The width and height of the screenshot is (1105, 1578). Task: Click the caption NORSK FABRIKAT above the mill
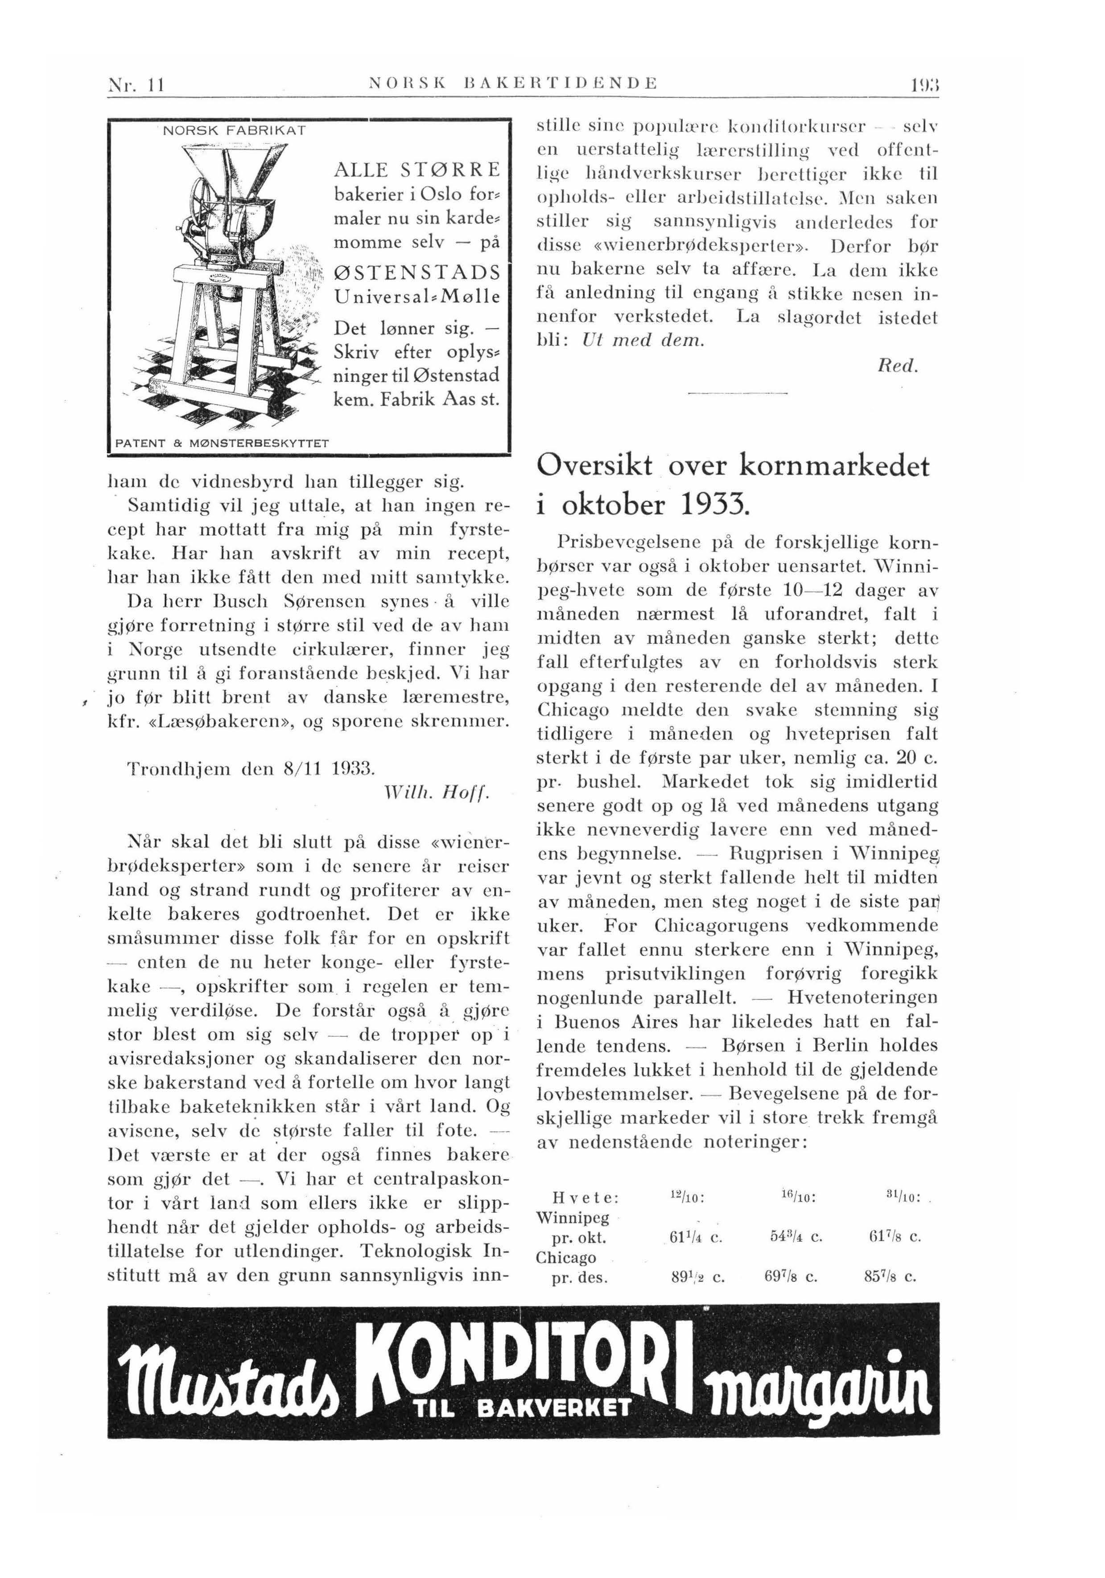pyautogui.click(x=234, y=130)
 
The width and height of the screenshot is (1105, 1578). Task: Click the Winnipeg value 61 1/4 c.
pyautogui.click(x=696, y=1237)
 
